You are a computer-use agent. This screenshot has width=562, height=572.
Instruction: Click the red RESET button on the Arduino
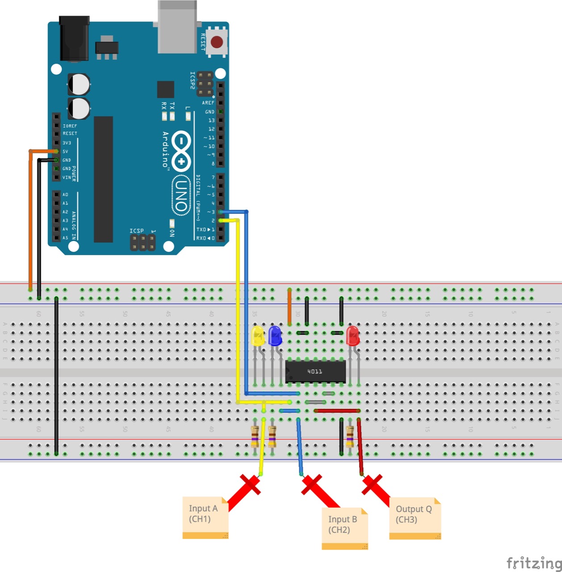point(217,42)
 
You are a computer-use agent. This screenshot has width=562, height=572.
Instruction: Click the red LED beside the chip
point(352,336)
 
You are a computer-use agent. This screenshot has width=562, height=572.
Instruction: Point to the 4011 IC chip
point(315,371)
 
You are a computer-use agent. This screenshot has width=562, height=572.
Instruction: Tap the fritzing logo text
point(533,563)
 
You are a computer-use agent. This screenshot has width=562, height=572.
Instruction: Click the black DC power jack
point(74,39)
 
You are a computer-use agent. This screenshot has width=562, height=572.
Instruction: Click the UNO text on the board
point(181,194)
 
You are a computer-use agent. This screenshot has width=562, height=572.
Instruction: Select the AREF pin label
point(208,103)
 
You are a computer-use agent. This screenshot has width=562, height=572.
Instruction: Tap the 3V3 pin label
point(67,143)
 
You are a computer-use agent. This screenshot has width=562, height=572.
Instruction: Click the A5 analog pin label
point(66,238)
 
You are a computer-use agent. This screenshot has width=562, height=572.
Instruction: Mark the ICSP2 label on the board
point(193,80)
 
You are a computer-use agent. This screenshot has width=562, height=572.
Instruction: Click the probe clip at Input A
point(250,485)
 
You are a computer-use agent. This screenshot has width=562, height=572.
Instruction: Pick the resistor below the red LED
point(350,436)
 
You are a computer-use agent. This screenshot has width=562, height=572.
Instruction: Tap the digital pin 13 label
point(211,120)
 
